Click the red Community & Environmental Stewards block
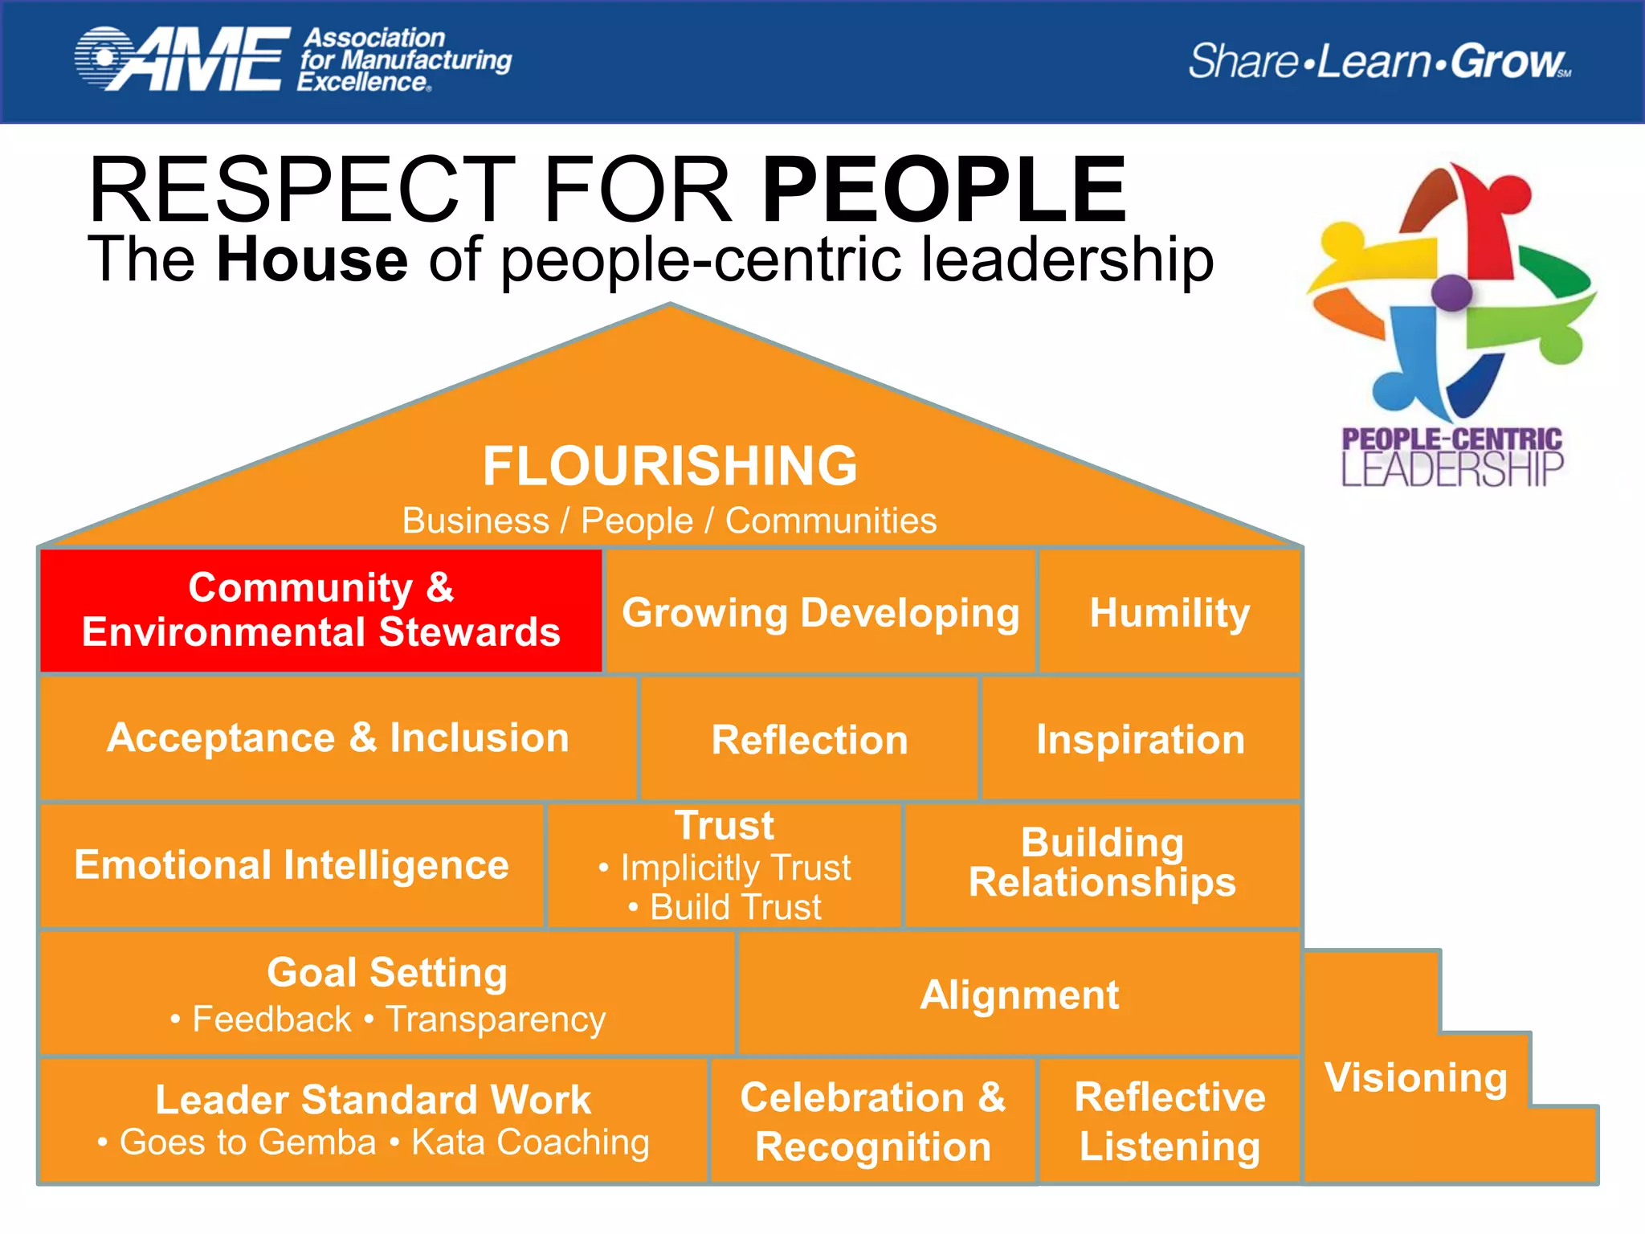320,610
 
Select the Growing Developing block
820,612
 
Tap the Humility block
1169,612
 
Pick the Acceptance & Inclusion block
338,738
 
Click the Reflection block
810,739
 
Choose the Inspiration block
1141,739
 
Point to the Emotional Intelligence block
292,864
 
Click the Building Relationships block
1102,863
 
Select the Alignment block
1018,995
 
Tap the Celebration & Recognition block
873,1122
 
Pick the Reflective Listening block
1169,1122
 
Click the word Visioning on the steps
1416,1077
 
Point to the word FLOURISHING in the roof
670,466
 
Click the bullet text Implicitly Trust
735,868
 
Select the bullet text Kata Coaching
530,1142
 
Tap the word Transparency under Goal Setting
496,1019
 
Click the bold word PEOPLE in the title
945,190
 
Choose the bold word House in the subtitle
312,259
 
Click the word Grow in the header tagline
1507,62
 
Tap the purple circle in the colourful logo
1451,292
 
